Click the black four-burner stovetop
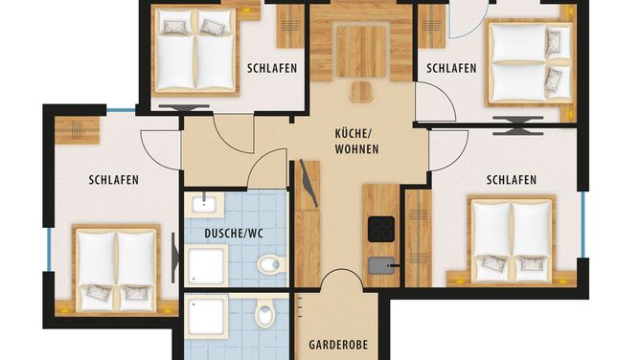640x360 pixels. tap(381, 229)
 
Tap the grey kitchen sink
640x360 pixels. tap(381, 265)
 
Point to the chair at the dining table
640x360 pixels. tap(361, 92)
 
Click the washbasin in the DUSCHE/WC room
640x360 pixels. tap(204, 203)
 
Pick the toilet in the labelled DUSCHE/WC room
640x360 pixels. tap(271, 264)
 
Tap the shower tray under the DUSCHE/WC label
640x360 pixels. tap(206, 265)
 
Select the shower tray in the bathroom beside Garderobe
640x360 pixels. tap(206, 317)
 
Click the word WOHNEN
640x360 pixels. tap(356, 149)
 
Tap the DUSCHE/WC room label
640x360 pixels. tap(234, 234)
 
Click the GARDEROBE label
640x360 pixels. tap(338, 345)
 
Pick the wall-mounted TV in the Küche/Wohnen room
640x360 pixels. tap(309, 183)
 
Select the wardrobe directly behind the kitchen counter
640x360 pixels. tap(418, 237)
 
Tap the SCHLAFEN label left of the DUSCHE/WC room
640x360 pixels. tap(113, 180)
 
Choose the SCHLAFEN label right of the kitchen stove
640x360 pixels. tap(512, 180)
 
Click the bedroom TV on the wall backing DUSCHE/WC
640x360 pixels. tap(174, 258)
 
